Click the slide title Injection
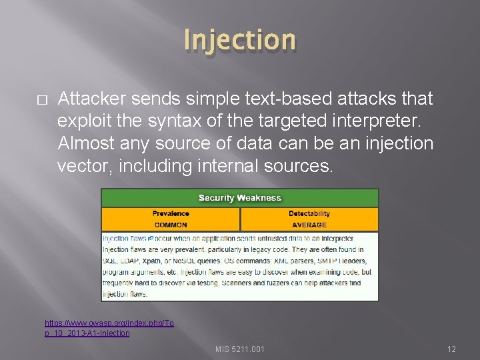[x=240, y=39]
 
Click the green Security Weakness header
[x=240, y=198]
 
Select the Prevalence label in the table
[x=171, y=214]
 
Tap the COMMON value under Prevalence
[x=171, y=225]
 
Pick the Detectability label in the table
[x=309, y=214]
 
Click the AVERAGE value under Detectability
[x=309, y=225]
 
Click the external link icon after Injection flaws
[x=151, y=238]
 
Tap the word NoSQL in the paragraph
[x=191, y=261]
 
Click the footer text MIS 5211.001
[x=240, y=349]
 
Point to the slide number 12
[x=451, y=349]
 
